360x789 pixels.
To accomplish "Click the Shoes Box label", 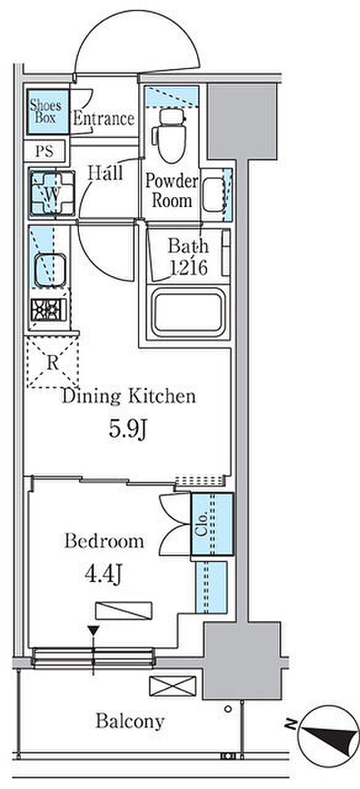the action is [x=45, y=111].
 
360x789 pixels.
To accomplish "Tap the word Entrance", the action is [x=104, y=119].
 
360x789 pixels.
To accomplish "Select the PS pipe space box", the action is [x=45, y=151].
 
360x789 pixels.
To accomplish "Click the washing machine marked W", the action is [x=52, y=193].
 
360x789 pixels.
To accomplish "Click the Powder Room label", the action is [x=172, y=190].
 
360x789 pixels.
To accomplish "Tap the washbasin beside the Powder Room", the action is [x=213, y=195].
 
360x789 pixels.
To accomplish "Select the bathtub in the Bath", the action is [x=188, y=311].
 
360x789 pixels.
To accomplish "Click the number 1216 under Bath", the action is [x=188, y=268].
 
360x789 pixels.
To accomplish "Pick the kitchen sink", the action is [x=50, y=270].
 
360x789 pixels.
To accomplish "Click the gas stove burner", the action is [x=49, y=310].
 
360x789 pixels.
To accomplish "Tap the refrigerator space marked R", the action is [x=52, y=362].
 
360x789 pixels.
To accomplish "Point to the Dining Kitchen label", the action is [x=129, y=396].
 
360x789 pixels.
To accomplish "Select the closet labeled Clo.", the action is [x=212, y=524].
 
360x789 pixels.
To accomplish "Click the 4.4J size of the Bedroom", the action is [x=104, y=575].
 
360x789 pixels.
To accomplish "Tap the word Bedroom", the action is [x=104, y=541].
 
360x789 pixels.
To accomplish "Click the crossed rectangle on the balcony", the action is [x=173, y=686].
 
